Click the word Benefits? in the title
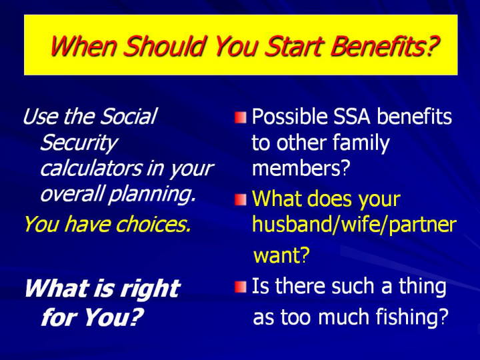(385, 47)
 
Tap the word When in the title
(83, 46)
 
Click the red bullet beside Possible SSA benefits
(241, 118)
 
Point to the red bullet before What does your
(241, 200)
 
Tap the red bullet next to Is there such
(241, 287)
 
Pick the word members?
(301, 168)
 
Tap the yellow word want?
(281, 255)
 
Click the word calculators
(91, 168)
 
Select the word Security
(79, 143)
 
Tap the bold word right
(150, 289)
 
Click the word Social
(129, 116)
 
